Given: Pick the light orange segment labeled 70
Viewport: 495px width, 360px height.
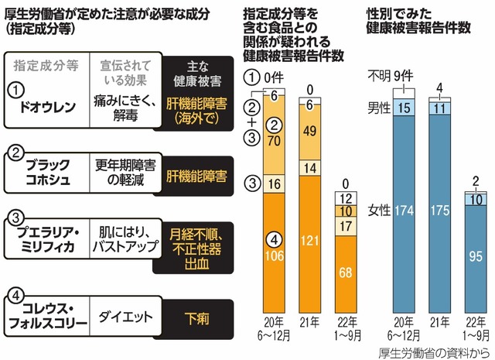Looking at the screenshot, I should click(274, 142).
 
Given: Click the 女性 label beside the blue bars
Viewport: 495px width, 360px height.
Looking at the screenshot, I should click(379, 211).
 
